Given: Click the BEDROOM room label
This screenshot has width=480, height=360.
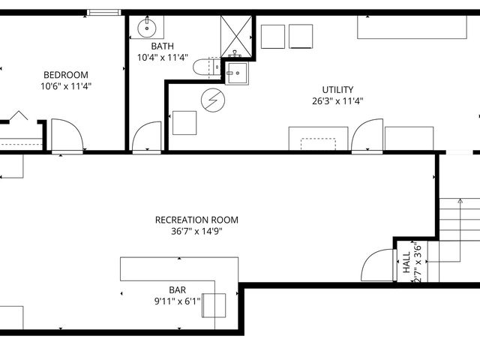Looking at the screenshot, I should [66, 75].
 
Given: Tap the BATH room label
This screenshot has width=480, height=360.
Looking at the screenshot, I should [163, 46].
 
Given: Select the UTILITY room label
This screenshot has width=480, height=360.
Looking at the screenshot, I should [337, 90].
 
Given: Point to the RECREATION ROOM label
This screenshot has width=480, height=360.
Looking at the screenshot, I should [196, 220].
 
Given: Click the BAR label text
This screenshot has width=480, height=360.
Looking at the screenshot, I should [177, 289].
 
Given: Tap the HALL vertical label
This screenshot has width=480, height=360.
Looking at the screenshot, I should [406, 261].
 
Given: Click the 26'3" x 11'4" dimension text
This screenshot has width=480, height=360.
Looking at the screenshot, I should [337, 101].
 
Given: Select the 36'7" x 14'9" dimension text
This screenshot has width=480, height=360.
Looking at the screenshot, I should [196, 231].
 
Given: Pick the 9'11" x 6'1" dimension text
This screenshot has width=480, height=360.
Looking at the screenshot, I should [177, 301].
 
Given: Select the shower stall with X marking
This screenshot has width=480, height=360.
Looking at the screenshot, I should [238, 34].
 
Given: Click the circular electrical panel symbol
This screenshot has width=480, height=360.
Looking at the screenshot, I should [212, 98].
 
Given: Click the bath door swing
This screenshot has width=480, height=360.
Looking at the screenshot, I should [145, 136].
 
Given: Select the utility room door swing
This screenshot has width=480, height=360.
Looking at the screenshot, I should [367, 136].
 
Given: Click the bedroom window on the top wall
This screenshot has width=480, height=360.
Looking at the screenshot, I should [104, 12].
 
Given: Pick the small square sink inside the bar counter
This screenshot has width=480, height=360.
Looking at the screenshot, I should [214, 304].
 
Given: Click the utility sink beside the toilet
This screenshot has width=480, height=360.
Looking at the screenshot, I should [237, 72].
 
